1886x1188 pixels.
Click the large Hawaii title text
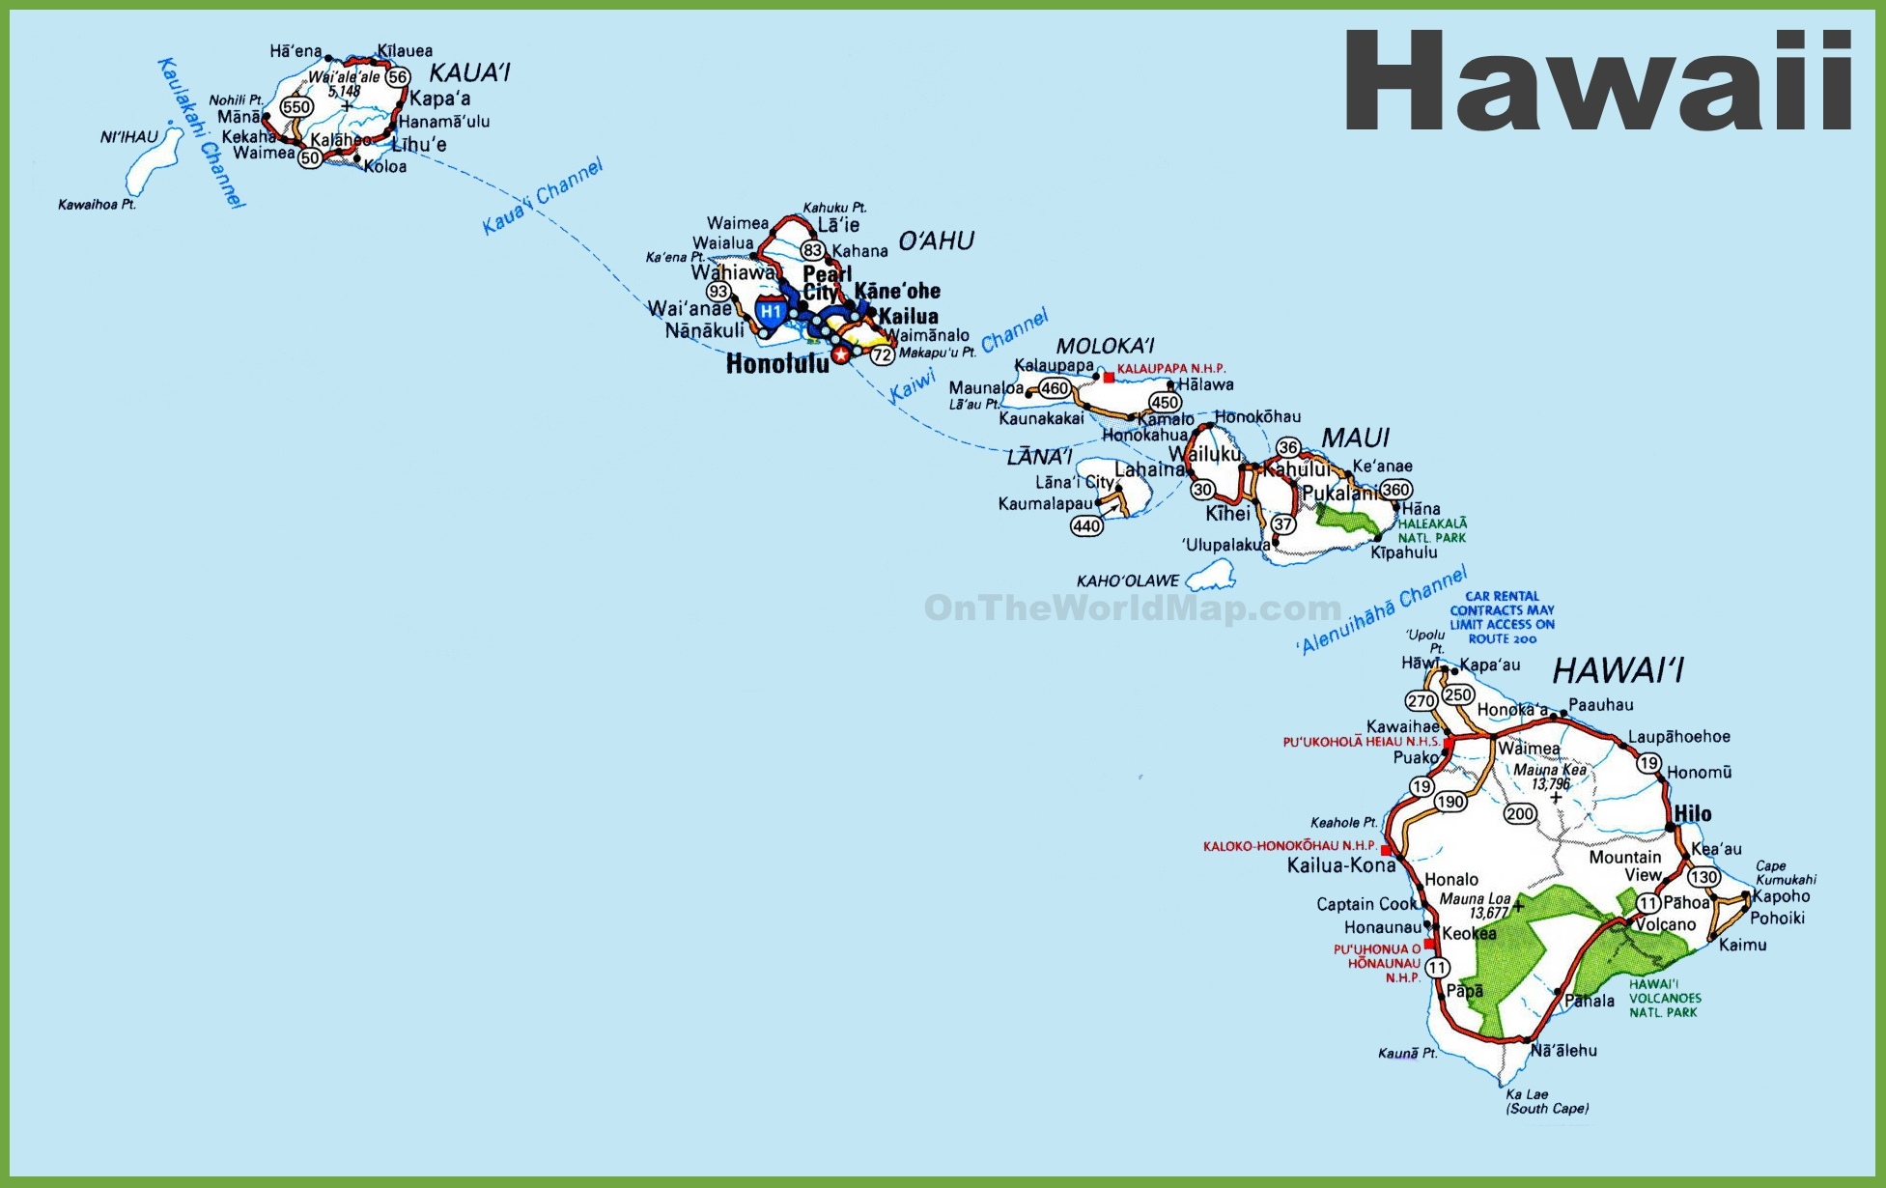pyautogui.click(x=1597, y=82)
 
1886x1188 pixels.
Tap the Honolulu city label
pyautogui.click(x=777, y=364)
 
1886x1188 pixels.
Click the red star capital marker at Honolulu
pyautogui.click(x=841, y=355)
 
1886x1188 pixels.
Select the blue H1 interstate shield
pyautogui.click(x=770, y=312)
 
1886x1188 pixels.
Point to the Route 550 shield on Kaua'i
pyautogui.click(x=296, y=107)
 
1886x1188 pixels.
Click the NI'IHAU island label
pyautogui.click(x=129, y=137)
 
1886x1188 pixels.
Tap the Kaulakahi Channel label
pyautogui.click(x=201, y=132)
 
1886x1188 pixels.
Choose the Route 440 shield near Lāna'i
pyautogui.click(x=1086, y=525)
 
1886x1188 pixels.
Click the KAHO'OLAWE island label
pyautogui.click(x=1128, y=580)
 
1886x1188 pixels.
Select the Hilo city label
pyautogui.click(x=1692, y=813)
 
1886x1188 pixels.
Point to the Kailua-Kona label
pyautogui.click(x=1341, y=865)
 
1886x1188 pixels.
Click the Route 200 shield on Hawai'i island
pyautogui.click(x=1520, y=813)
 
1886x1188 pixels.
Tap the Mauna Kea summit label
pyautogui.click(x=1550, y=770)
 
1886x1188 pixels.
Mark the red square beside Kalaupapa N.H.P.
pyautogui.click(x=1109, y=378)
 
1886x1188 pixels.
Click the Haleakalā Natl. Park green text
pyautogui.click(x=1432, y=530)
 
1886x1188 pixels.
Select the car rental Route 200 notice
pyautogui.click(x=1502, y=617)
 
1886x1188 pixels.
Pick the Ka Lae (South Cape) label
pyautogui.click(x=1547, y=1101)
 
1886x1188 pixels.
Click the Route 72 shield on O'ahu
pyautogui.click(x=883, y=354)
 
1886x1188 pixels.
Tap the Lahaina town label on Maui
pyautogui.click(x=1149, y=469)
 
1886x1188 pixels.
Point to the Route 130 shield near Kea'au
pyautogui.click(x=1703, y=877)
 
